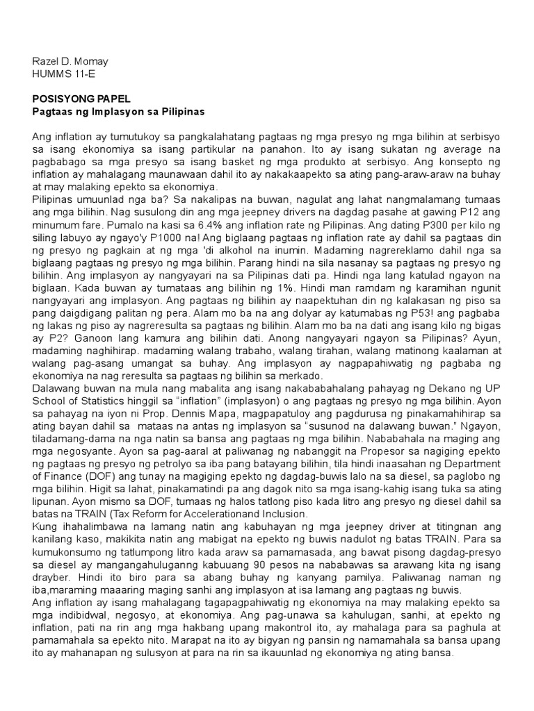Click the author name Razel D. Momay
pos(70,61)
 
